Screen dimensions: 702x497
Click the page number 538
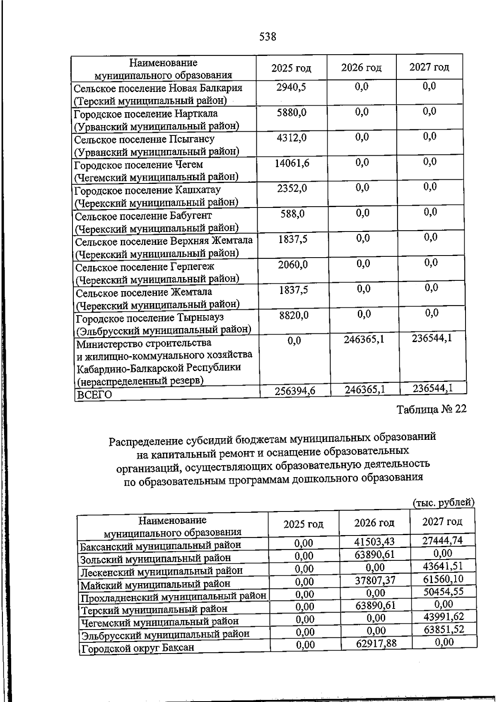(268, 37)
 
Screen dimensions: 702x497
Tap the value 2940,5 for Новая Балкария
(292, 87)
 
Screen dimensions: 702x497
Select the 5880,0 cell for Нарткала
(292, 112)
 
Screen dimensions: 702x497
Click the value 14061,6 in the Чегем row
(292, 163)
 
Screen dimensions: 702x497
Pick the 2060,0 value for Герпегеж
(293, 265)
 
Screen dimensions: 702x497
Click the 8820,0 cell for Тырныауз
(294, 316)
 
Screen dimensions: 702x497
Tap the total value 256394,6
(295, 391)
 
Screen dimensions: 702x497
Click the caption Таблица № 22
(432, 409)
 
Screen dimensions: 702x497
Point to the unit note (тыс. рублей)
(444, 502)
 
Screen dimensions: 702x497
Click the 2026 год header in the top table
(361, 68)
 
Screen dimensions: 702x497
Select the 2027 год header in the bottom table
(442, 521)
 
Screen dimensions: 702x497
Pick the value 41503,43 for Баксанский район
(374, 541)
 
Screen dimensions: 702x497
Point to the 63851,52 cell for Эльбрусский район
(444, 630)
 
